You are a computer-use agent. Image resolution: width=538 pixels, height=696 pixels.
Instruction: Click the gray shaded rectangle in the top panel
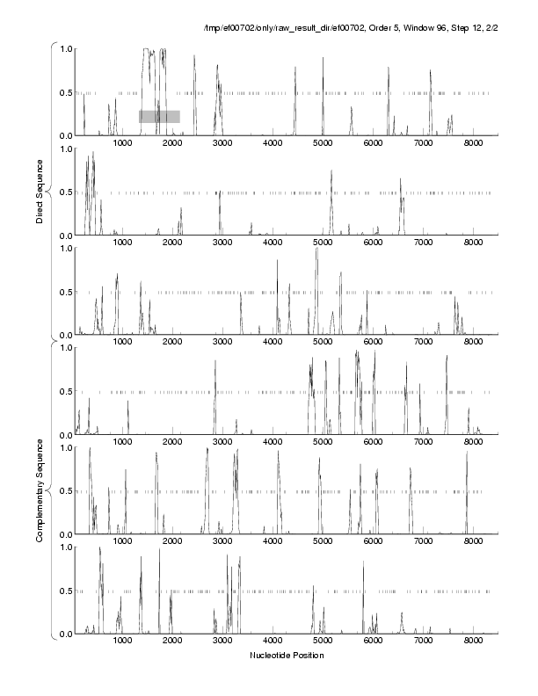(159, 116)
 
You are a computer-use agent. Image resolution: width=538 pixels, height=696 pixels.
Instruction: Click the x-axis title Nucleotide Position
(287, 655)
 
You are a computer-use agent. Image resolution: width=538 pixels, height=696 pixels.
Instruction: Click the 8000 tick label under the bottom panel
(473, 642)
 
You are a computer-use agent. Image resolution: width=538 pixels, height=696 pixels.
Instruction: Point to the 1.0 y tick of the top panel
(65, 48)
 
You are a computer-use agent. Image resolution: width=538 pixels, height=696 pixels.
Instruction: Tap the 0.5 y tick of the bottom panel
(65, 591)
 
